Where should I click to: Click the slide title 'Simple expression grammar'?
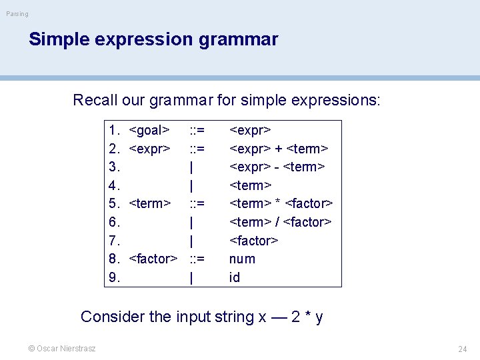pyautogui.click(x=153, y=39)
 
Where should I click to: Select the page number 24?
pyautogui.click(x=462, y=349)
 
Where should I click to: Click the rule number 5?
pyautogui.click(x=114, y=203)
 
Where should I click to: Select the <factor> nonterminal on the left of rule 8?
pyautogui.click(x=153, y=259)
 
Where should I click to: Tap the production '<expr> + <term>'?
pyautogui.click(x=279, y=148)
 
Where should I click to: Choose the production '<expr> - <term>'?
pyautogui.click(x=277, y=167)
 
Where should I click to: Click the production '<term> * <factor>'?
pyautogui.click(x=281, y=203)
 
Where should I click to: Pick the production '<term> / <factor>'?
pyautogui.click(x=281, y=222)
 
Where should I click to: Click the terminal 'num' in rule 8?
pyautogui.click(x=242, y=259)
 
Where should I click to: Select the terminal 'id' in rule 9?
pyautogui.click(x=235, y=277)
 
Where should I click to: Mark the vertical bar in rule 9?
pyautogui.click(x=192, y=277)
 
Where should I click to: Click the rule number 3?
pyautogui.click(x=114, y=167)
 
